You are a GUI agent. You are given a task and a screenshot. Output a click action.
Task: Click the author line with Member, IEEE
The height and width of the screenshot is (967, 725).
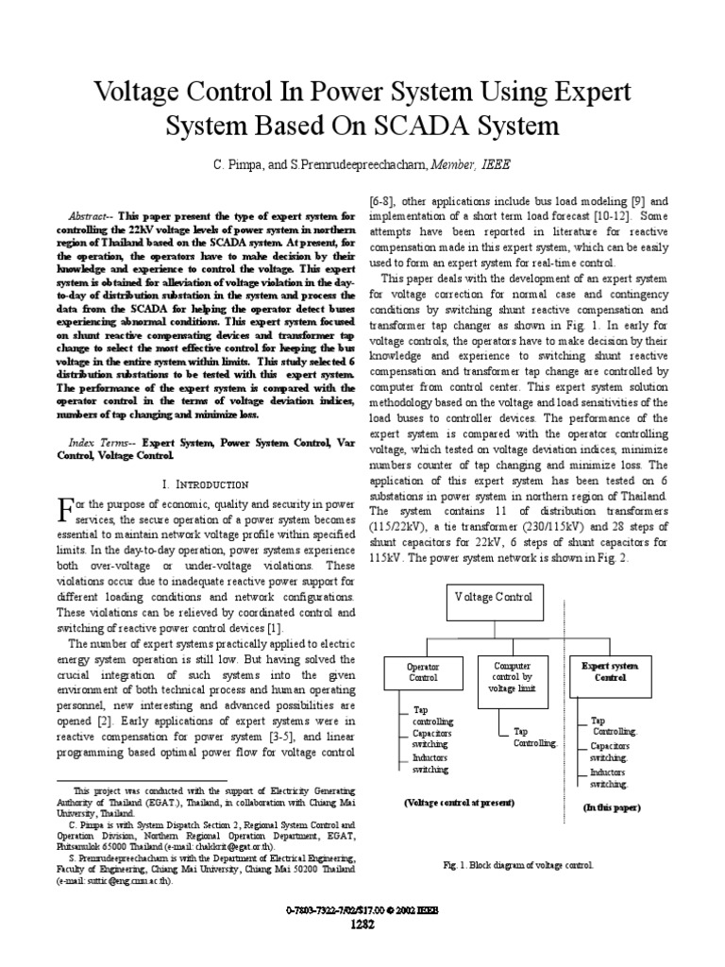(363, 164)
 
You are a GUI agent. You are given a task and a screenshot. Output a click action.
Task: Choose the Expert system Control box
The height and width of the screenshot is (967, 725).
(610, 671)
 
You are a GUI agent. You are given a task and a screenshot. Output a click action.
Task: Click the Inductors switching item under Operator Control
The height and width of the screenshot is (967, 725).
(430, 763)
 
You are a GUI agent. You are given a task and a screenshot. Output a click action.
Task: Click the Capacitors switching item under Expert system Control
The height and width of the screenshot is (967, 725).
(610, 751)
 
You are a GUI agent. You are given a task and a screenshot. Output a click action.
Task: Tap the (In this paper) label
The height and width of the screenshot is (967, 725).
(611, 807)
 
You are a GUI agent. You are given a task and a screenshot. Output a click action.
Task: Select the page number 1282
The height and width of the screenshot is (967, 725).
(363, 924)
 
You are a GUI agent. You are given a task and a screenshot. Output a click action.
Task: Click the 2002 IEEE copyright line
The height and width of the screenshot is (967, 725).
(362, 908)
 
